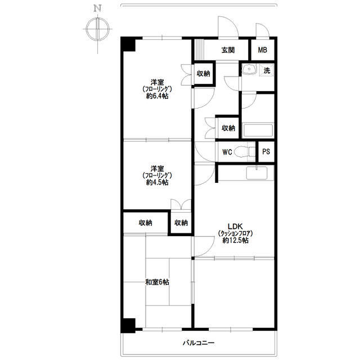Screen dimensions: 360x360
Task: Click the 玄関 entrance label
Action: pyautogui.click(x=228, y=50)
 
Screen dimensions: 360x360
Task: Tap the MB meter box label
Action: pyautogui.click(x=263, y=50)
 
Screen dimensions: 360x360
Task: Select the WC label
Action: pyautogui.click(x=227, y=152)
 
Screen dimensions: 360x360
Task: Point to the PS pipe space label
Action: pyautogui.click(x=266, y=152)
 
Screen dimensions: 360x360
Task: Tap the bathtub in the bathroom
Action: pyautogui.click(x=258, y=130)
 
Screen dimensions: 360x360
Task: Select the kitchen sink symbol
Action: pyautogui.click(x=256, y=173)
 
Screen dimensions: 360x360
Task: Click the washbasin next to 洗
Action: pyautogui.click(x=249, y=69)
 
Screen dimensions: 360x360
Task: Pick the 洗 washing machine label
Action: pyautogui.click(x=267, y=70)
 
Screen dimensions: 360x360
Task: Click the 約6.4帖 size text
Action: pyautogui.click(x=157, y=96)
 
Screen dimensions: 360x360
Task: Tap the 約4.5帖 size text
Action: pyautogui.click(x=157, y=182)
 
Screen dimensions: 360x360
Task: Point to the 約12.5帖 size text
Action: pyautogui.click(x=235, y=240)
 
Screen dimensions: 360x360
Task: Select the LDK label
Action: pyautogui.click(x=235, y=226)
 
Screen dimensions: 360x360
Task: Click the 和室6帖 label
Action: pyautogui.click(x=157, y=282)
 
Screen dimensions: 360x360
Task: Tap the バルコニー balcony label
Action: pyautogui.click(x=199, y=343)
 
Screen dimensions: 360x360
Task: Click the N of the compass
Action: pyautogui.click(x=97, y=8)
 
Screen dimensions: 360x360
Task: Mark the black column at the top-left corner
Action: pyautogui.click(x=128, y=44)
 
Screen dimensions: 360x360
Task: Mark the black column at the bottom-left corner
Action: pyautogui.click(x=128, y=325)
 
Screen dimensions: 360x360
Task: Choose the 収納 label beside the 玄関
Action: pyautogui.click(x=203, y=74)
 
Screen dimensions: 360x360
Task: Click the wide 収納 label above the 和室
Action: pyautogui.click(x=145, y=223)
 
